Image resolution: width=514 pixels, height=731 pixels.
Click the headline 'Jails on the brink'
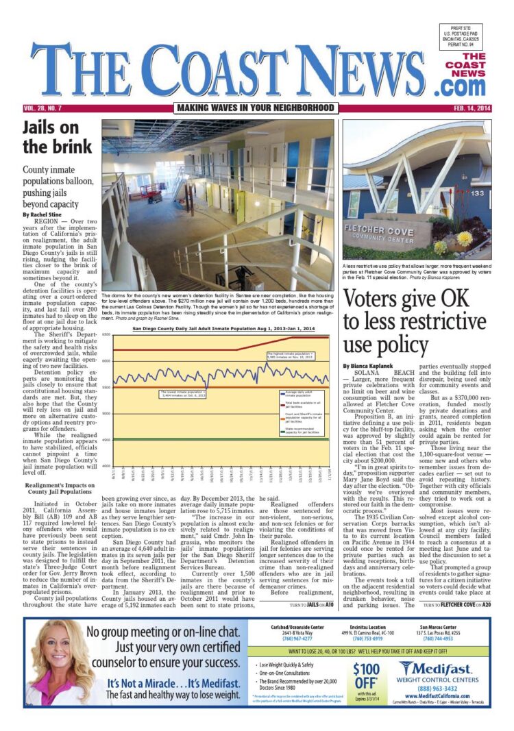coord(58,137)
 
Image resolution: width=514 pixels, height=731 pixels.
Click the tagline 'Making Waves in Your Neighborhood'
coord(255,108)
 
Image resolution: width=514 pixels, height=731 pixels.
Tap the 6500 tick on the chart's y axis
coord(106,334)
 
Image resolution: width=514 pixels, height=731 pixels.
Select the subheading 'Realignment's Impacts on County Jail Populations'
coord(58,469)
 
